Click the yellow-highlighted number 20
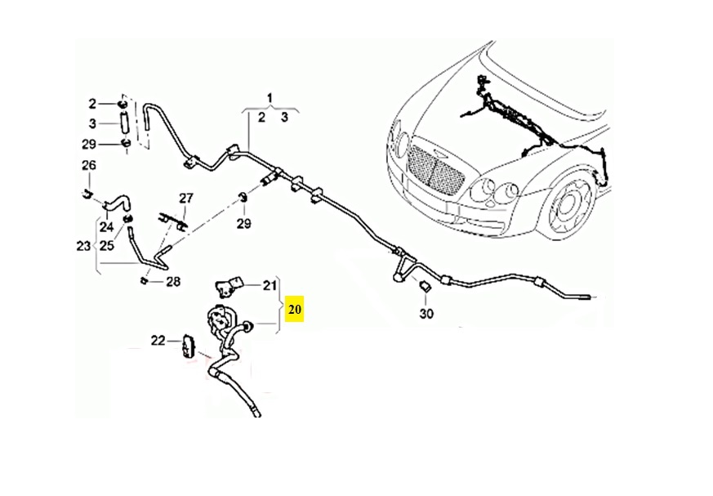pos(295,310)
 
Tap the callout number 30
pos(426,313)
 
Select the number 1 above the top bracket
pos(273,100)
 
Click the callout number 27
pos(186,199)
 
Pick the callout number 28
pos(172,282)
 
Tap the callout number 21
pos(270,285)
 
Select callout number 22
pos(158,340)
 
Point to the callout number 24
pos(106,226)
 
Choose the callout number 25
pos(106,244)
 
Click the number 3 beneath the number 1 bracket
pos(284,118)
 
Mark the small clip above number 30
pos(426,287)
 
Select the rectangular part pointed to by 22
pos(189,346)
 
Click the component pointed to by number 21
pos(229,285)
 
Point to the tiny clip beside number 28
pos(144,281)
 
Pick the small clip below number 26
pos(86,194)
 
